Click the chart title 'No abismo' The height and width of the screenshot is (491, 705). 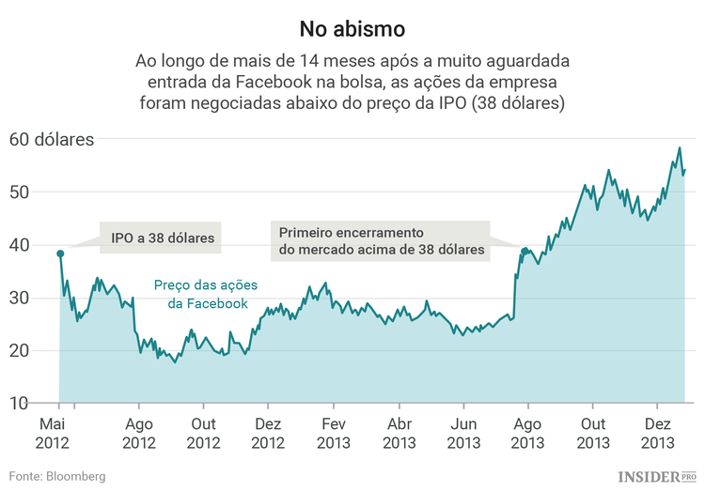coord(352,28)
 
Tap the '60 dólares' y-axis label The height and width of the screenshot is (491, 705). coord(52,140)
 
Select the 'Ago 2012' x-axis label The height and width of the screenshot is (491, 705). coord(139,433)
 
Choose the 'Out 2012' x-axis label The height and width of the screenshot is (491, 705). coord(203,433)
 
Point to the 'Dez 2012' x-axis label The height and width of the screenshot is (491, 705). coord(268,433)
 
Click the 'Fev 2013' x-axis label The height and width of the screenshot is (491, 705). coord(334,433)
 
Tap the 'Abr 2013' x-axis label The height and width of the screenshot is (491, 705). coord(399,433)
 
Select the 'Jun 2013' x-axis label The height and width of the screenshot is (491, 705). coord(463,433)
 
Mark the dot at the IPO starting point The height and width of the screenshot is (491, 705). coord(60,253)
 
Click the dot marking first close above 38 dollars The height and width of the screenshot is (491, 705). coord(525,251)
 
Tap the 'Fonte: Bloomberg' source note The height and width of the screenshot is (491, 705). coord(57,476)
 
